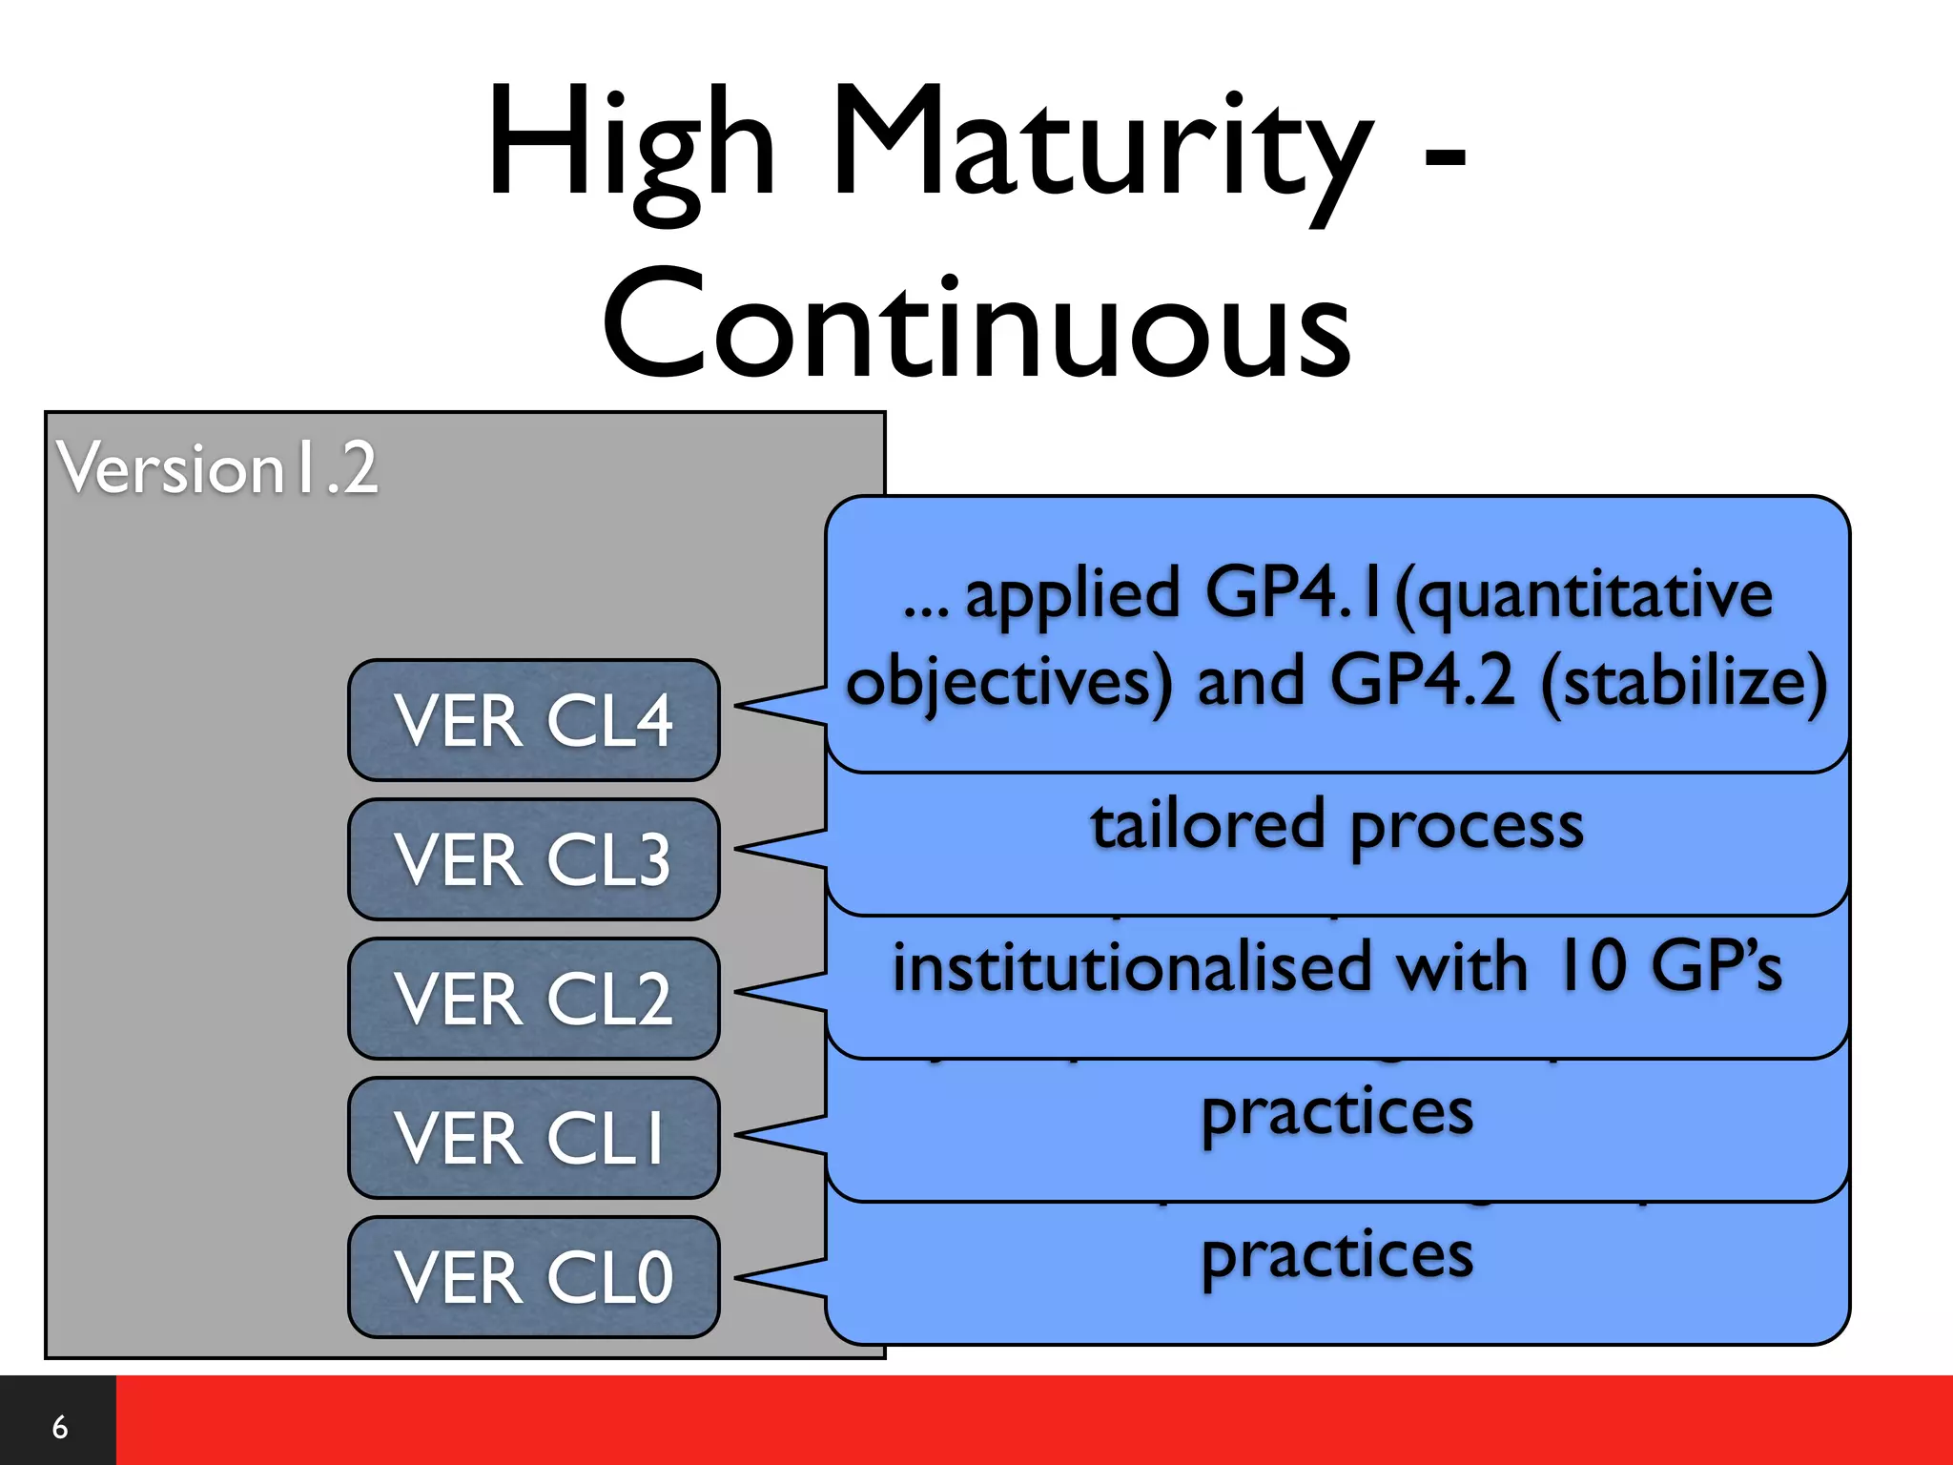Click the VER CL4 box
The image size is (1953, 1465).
pos(533,720)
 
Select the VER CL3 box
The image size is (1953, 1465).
pos(533,859)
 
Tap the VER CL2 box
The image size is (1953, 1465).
pos(533,999)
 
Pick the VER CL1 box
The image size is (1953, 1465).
pos(533,1138)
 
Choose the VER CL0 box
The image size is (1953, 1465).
pos(533,1277)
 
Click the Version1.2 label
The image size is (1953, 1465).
pos(217,468)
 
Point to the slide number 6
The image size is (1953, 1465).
pos(59,1427)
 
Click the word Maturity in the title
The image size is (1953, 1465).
pos(1101,143)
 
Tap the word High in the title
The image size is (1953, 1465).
pos(629,143)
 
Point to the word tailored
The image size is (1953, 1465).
pos(1207,825)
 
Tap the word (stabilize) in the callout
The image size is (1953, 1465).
pos(1683,683)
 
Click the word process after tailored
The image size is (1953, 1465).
pos(1467,827)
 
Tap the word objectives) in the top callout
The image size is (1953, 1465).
pos(1009,683)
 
